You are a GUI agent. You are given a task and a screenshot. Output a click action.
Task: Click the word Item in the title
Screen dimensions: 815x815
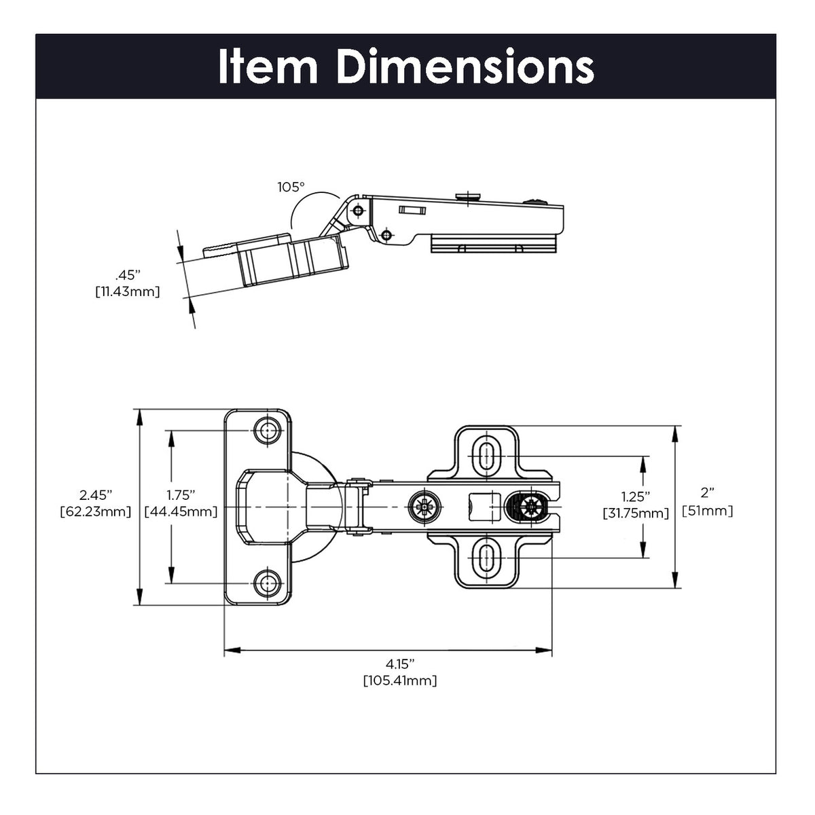[x=268, y=67]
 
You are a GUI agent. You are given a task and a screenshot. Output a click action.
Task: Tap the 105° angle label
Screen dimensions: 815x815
[x=291, y=187]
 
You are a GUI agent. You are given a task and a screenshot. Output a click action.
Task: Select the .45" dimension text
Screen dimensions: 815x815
[x=127, y=276]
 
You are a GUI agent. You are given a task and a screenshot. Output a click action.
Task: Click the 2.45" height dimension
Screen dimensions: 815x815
[x=95, y=494]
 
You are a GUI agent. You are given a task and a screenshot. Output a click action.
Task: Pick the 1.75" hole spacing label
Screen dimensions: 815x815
[x=181, y=494]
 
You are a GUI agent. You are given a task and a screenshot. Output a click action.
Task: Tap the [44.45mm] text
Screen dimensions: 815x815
[x=181, y=511]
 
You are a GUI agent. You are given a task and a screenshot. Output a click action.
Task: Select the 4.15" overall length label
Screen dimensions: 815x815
[x=400, y=663]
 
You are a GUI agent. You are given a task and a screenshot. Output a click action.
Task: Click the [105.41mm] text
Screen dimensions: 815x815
[x=400, y=680]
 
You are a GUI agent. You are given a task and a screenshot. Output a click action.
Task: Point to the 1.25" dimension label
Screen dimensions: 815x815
[x=636, y=496]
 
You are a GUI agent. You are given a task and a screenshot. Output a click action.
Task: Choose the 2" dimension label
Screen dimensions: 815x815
[x=707, y=494]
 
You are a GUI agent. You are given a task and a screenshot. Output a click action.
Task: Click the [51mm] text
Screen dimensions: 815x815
[x=707, y=511]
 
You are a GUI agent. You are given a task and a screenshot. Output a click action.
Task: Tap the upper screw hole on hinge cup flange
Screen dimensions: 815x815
[x=267, y=431]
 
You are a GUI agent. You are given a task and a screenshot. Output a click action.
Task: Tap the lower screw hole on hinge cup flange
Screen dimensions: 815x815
[x=267, y=582]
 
